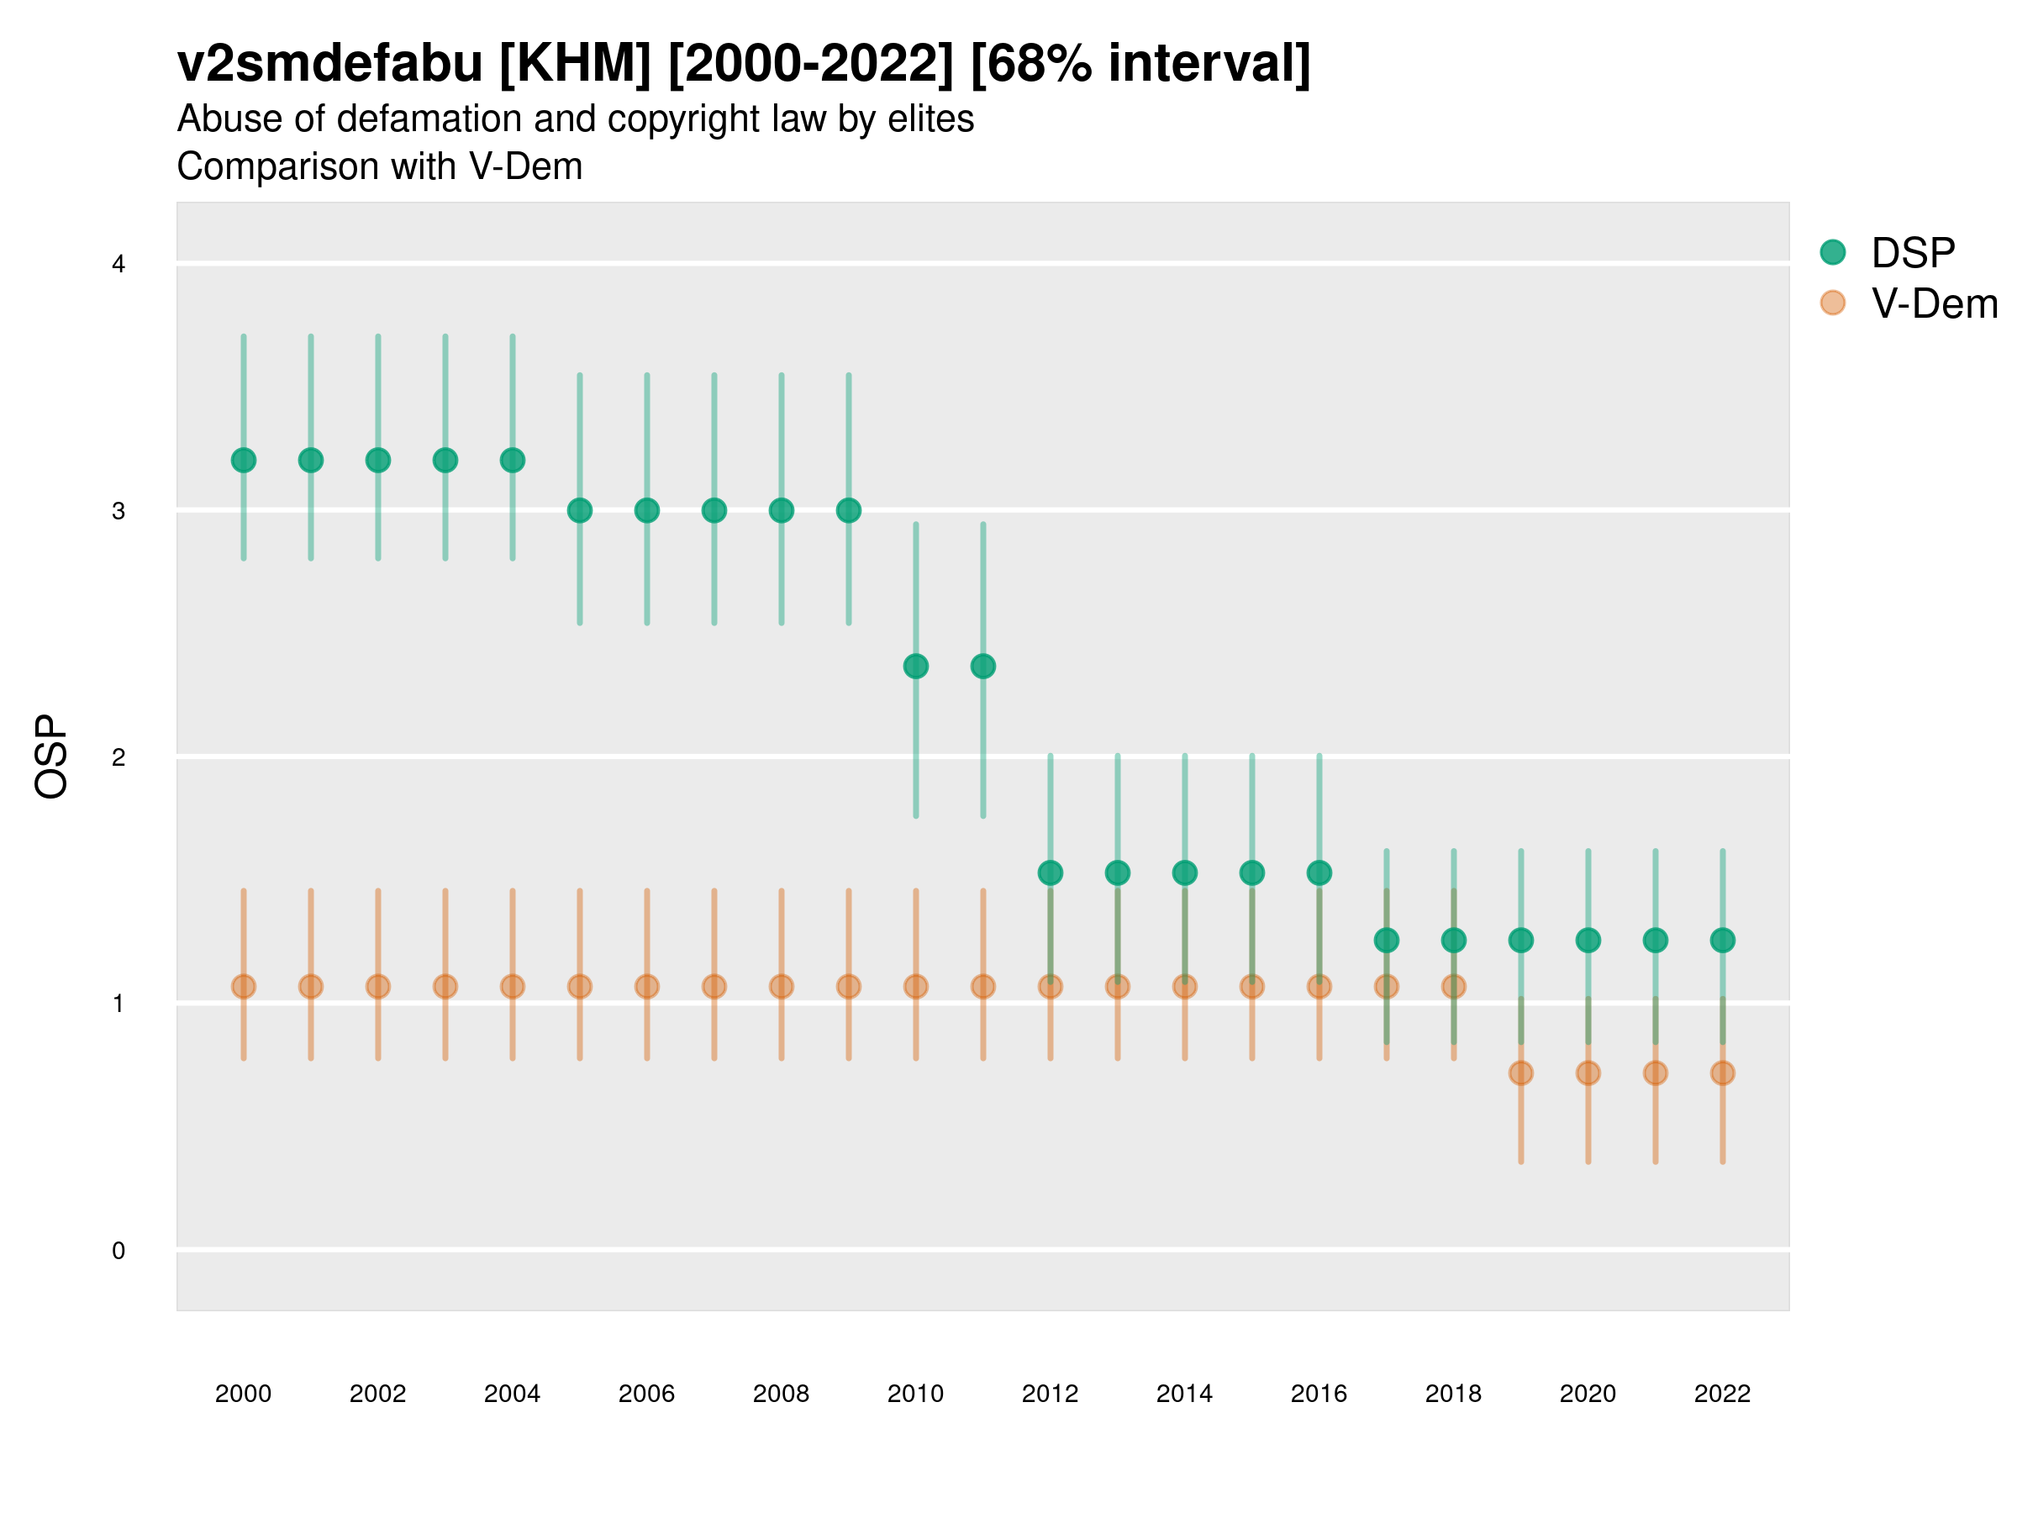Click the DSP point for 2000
(x=244, y=461)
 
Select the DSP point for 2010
(x=915, y=667)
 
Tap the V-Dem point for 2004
(x=513, y=987)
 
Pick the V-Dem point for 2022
(x=1723, y=1073)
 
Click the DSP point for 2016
(x=1319, y=872)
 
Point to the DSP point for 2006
(x=646, y=511)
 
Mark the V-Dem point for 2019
(x=1521, y=1073)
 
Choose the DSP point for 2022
(x=1723, y=941)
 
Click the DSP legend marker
(x=1833, y=253)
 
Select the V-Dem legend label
(x=1934, y=303)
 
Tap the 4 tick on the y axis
(x=118, y=265)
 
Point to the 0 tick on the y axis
(x=118, y=1251)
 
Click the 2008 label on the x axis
(x=782, y=1394)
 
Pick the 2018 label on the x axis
(x=1453, y=1394)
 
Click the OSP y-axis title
(x=52, y=757)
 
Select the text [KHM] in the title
(x=576, y=64)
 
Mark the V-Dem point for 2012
(x=1051, y=987)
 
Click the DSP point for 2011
(x=983, y=667)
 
